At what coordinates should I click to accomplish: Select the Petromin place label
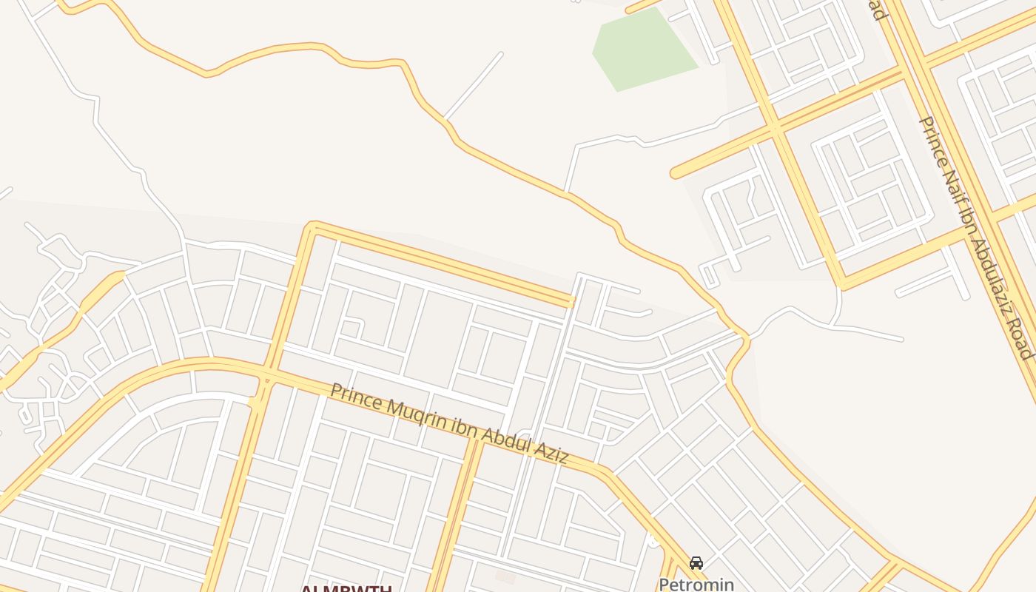(x=696, y=585)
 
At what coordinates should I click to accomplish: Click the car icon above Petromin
(x=696, y=563)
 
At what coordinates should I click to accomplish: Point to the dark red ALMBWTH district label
(x=346, y=589)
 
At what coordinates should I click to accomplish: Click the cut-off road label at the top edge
(x=878, y=10)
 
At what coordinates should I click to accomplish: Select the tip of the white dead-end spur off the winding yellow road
(x=501, y=53)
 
